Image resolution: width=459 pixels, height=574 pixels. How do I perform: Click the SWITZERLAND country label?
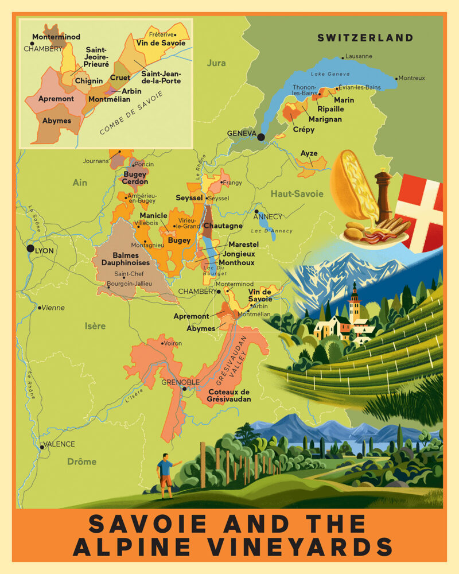point(365,38)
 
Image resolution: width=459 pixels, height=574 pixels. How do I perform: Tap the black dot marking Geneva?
point(261,137)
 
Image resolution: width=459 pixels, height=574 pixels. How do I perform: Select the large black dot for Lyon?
point(30,249)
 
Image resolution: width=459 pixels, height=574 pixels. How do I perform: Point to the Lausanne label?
point(359,56)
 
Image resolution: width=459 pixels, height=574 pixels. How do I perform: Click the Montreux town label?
point(412,78)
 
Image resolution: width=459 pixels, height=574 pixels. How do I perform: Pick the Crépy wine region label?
point(304,130)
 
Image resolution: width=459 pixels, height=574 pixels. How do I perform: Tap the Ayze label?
point(309,154)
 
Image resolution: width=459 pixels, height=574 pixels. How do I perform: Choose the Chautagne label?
point(223,226)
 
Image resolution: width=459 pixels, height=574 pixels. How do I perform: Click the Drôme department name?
point(81,461)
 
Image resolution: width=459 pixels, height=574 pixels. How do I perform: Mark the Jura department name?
point(216,63)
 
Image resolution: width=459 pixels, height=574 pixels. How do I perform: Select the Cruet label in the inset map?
point(120,77)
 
